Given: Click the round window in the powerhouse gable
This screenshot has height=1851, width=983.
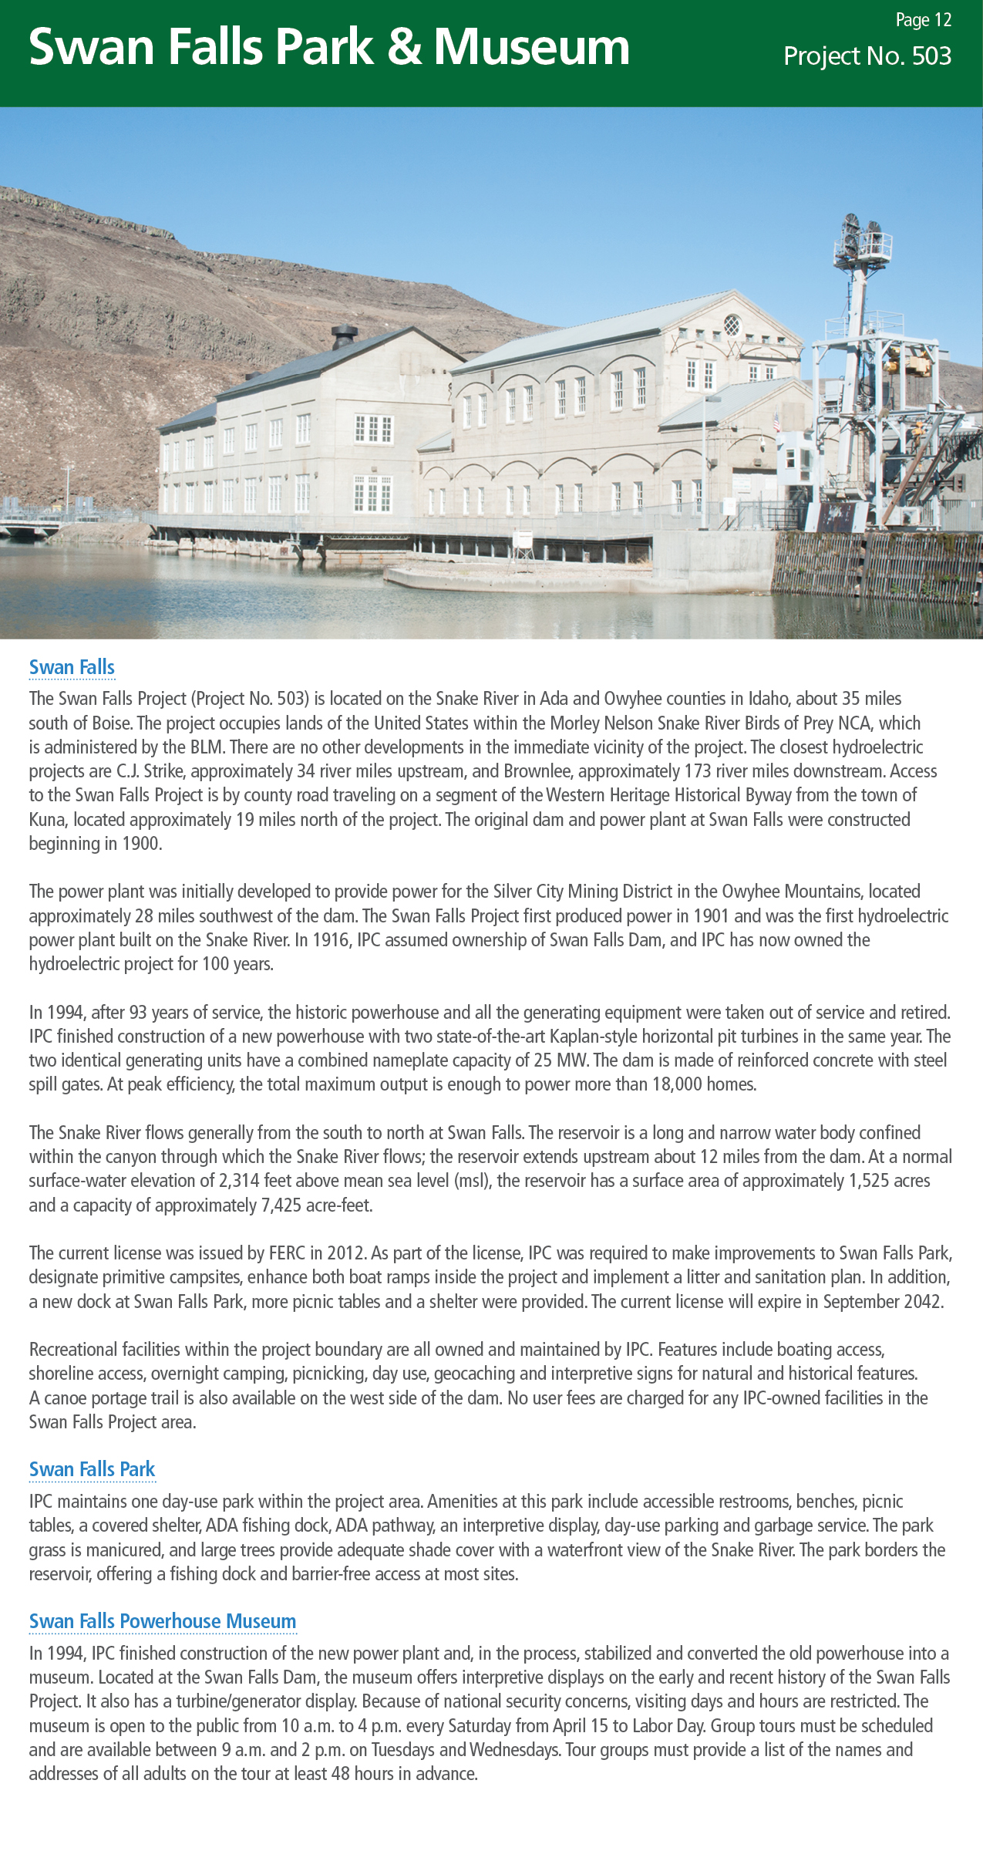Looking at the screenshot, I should (x=732, y=325).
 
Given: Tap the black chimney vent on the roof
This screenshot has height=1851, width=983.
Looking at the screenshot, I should (x=344, y=336).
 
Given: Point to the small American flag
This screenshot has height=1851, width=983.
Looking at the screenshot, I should (x=777, y=422).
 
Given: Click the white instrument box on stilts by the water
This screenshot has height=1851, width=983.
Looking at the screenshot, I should (x=523, y=540).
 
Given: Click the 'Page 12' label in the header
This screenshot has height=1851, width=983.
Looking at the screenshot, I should (x=923, y=21).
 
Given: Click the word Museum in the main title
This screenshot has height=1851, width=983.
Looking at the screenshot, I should (x=531, y=48).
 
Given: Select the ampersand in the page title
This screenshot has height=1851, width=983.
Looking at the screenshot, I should (x=404, y=48).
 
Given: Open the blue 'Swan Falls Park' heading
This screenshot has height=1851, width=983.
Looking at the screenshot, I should (x=92, y=1469).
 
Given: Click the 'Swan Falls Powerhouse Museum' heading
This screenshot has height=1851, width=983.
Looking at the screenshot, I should (x=162, y=1621).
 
